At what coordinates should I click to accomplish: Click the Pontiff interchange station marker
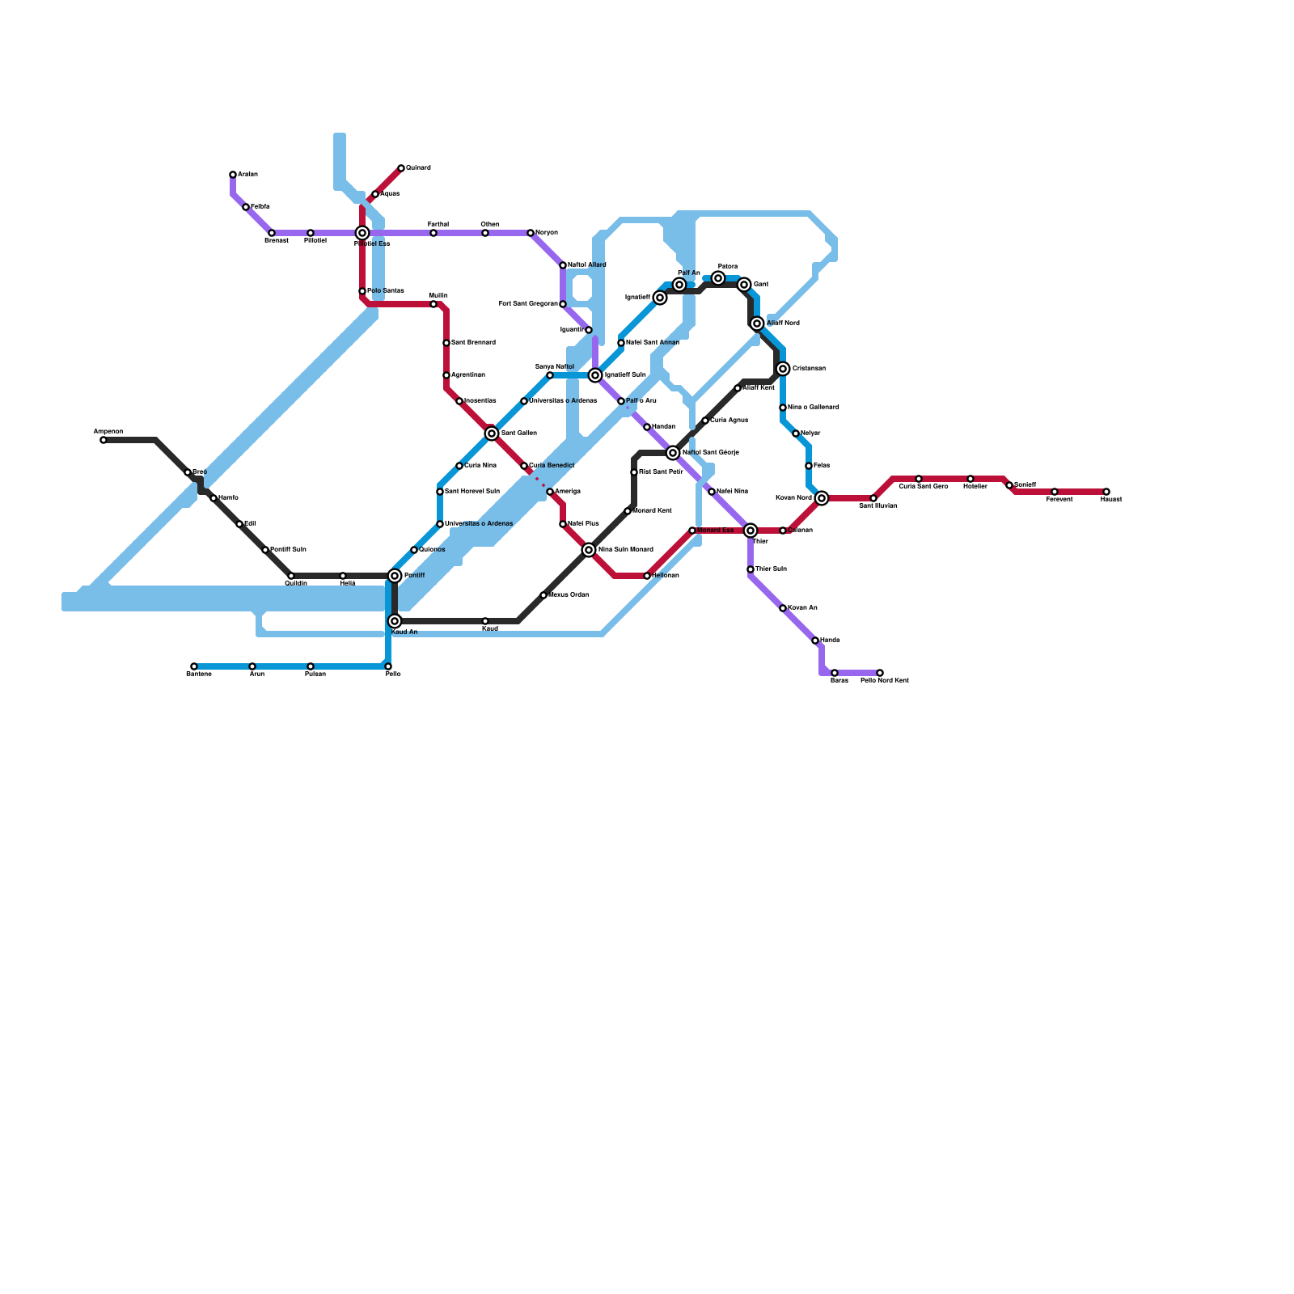point(395,576)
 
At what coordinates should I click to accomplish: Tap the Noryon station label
point(547,233)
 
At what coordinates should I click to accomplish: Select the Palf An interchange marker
point(679,285)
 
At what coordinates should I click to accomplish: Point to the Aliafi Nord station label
point(783,323)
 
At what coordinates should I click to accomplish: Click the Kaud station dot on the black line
point(485,621)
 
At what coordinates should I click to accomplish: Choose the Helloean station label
point(666,576)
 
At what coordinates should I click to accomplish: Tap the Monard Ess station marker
point(692,531)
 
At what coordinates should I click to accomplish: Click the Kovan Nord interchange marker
point(822,498)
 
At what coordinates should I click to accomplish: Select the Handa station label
point(830,641)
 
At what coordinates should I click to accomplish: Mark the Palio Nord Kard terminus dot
point(880,673)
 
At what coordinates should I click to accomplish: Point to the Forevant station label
point(1059,500)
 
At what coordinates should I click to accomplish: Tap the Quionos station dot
point(414,550)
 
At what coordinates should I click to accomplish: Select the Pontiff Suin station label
point(288,550)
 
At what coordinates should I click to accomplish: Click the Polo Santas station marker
point(362,291)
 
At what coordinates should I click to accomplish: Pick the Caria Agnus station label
point(729,421)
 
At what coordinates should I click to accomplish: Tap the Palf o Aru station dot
point(621,401)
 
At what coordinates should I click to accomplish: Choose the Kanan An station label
point(802,608)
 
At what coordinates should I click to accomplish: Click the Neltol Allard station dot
point(563,265)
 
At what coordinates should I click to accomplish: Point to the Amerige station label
point(568,492)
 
